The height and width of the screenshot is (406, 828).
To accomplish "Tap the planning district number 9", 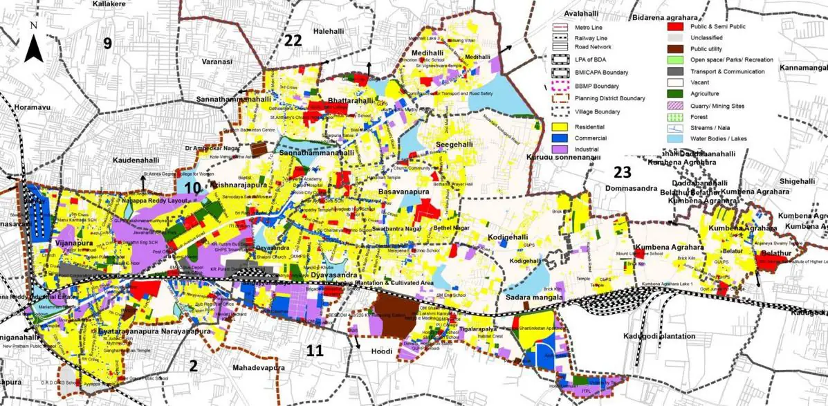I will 107,43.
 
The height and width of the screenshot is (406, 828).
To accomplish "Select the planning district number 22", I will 293,40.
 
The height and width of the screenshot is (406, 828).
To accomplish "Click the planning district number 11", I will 315,350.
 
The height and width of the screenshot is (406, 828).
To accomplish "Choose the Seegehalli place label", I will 453,144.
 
